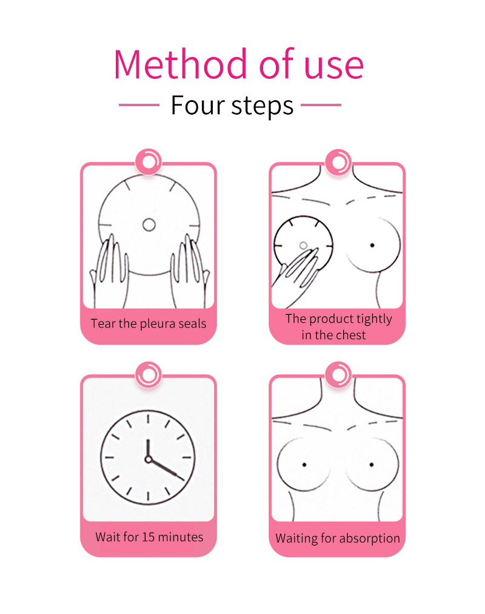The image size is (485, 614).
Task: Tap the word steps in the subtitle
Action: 262,106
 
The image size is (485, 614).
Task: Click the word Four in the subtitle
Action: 198,105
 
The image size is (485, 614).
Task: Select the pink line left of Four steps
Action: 139,105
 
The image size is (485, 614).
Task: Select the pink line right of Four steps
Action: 321,105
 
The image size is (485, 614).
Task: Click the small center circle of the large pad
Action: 149,224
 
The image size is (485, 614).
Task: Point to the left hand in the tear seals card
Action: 109,270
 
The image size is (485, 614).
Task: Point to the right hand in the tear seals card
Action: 190,270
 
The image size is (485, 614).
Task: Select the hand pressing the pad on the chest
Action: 296,276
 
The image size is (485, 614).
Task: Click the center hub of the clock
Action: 149,459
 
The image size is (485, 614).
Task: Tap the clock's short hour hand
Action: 149,449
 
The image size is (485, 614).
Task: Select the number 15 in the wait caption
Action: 149,537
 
